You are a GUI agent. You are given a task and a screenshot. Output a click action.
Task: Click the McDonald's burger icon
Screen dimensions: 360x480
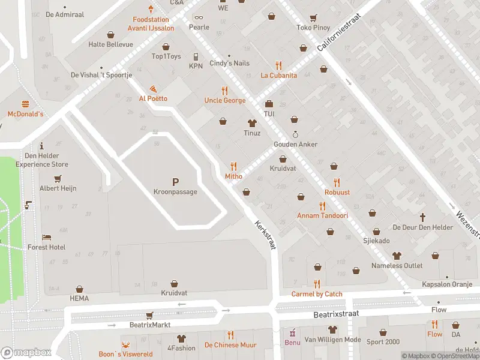[x=25, y=104]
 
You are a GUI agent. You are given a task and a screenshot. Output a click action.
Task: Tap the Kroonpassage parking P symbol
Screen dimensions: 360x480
[x=175, y=182]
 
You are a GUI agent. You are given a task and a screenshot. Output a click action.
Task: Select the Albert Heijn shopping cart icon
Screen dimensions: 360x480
[x=58, y=178]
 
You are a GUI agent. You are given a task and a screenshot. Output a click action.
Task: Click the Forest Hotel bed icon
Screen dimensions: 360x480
[x=46, y=237]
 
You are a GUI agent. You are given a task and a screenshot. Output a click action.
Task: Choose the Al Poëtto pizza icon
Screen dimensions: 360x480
[x=153, y=88]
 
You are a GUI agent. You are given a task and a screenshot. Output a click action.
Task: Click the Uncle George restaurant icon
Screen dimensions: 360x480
[x=224, y=91]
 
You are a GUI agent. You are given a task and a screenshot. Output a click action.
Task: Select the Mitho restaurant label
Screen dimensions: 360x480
[x=233, y=176]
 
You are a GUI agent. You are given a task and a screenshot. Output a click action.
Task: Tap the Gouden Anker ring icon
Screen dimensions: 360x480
[x=295, y=134]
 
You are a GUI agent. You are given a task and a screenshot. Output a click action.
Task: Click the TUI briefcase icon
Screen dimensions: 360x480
[x=268, y=104]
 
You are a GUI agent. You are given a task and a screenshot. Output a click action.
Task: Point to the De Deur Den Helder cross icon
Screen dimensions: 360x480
[x=422, y=217]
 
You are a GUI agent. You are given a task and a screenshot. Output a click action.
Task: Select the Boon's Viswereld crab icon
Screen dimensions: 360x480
[x=125, y=344]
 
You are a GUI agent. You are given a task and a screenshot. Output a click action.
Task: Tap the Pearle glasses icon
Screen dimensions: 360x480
[x=199, y=17]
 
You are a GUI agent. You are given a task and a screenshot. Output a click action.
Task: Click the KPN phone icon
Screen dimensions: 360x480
[x=196, y=57]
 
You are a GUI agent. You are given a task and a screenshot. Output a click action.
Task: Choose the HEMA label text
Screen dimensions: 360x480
[x=79, y=298]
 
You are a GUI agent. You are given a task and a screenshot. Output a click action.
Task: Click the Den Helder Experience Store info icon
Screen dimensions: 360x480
[x=41, y=146]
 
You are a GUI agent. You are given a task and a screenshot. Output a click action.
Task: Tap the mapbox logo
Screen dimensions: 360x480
[x=26, y=353]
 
